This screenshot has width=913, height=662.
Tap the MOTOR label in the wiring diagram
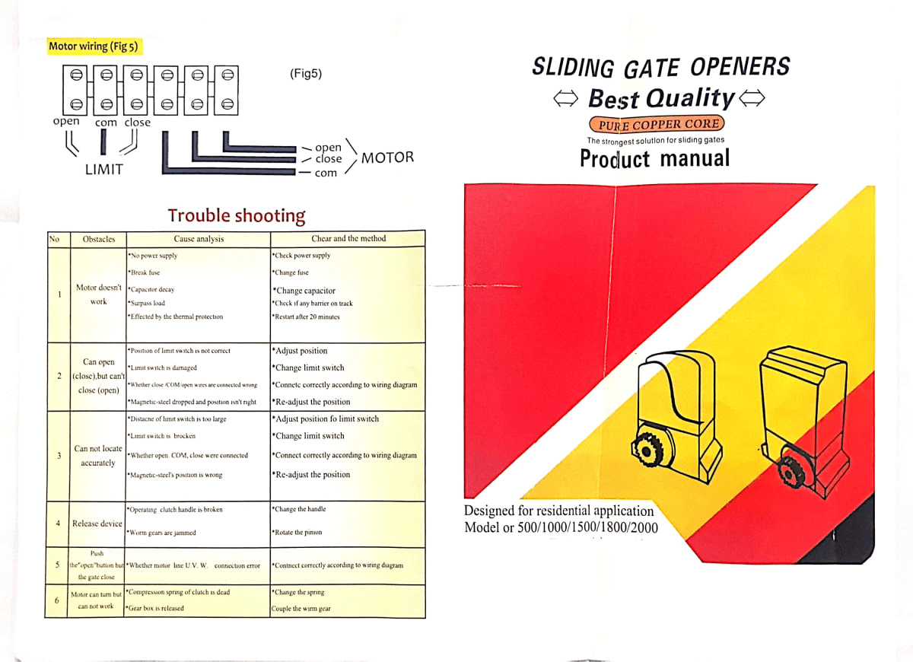click(x=387, y=158)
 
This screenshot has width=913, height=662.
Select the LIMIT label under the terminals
click(x=103, y=170)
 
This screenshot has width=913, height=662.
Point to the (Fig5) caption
click(x=306, y=74)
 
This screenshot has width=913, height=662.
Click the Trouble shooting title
click(x=236, y=216)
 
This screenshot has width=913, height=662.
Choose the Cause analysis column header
click(x=199, y=239)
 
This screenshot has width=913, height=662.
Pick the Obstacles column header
click(x=99, y=239)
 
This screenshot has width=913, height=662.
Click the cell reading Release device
click(x=97, y=524)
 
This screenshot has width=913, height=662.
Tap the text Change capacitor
click(x=304, y=291)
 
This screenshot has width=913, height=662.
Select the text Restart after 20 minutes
click(x=307, y=317)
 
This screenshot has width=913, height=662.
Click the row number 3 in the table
click(x=59, y=456)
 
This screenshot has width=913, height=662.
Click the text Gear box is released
click(x=155, y=608)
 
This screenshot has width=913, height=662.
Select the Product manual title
click(x=654, y=158)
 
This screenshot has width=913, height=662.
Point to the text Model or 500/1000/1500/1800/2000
click(x=561, y=527)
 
